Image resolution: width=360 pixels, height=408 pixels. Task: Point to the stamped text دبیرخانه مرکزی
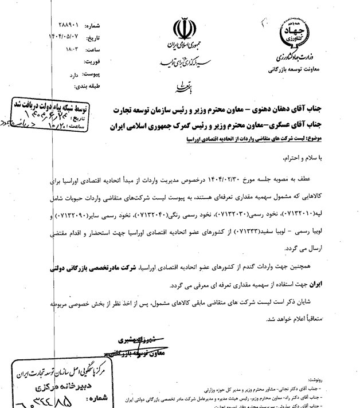39,385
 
